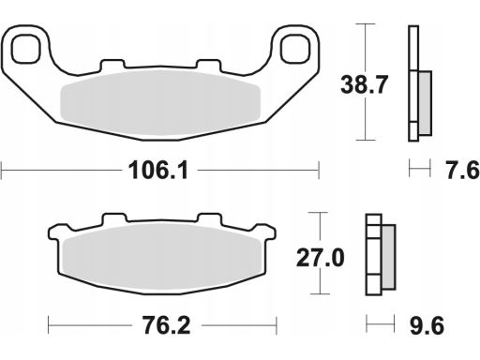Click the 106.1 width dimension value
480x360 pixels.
point(158,171)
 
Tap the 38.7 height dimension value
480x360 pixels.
point(364,84)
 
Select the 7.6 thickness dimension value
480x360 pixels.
point(462,171)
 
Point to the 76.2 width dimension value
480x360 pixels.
point(167,325)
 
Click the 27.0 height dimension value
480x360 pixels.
point(320,258)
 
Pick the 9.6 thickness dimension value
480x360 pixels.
point(427,325)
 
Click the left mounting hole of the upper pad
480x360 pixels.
point(26,49)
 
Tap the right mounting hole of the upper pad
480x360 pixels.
point(295,49)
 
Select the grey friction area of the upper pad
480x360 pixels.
point(160,103)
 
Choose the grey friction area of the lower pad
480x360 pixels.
point(162,258)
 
